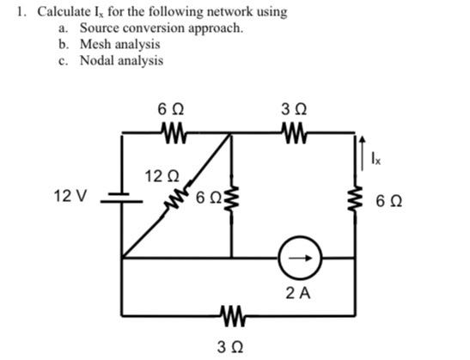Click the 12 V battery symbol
point(121,198)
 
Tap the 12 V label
point(70,197)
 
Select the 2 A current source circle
point(300,258)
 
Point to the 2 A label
point(298,293)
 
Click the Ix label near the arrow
point(375,158)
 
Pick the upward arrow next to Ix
point(363,154)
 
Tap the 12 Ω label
point(162,176)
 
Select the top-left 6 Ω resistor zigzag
point(174,132)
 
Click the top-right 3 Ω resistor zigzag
point(294,132)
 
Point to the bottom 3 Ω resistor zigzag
point(232,315)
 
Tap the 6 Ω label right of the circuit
point(388,201)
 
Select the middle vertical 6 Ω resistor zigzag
point(231,199)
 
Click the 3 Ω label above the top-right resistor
point(294,110)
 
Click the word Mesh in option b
point(94,44)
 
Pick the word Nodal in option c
point(96,60)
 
